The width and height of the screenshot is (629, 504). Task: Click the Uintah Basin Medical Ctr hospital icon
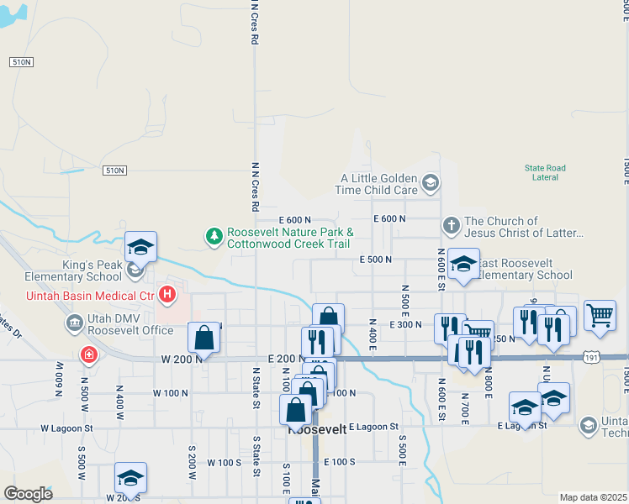pyautogui.click(x=167, y=295)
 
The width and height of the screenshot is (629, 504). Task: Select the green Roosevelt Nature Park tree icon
pyautogui.click(x=215, y=238)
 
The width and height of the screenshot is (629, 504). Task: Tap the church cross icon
pyautogui.click(x=452, y=226)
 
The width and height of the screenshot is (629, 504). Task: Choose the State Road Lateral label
pyautogui.click(x=546, y=172)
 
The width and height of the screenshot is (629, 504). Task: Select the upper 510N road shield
pyautogui.click(x=22, y=62)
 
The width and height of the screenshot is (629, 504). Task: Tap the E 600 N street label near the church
pyautogui.click(x=388, y=218)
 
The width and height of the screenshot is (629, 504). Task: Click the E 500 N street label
pyautogui.click(x=376, y=260)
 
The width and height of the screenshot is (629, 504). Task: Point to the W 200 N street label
pyautogui.click(x=182, y=359)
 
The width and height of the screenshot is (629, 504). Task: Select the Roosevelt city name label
pyautogui.click(x=318, y=429)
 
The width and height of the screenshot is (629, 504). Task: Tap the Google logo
pyautogui.click(x=28, y=493)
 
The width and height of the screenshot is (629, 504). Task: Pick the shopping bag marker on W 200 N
pyautogui.click(x=203, y=339)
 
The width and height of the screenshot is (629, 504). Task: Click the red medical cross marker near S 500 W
pyautogui.click(x=87, y=355)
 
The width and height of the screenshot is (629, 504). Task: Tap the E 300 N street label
pyautogui.click(x=405, y=324)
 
